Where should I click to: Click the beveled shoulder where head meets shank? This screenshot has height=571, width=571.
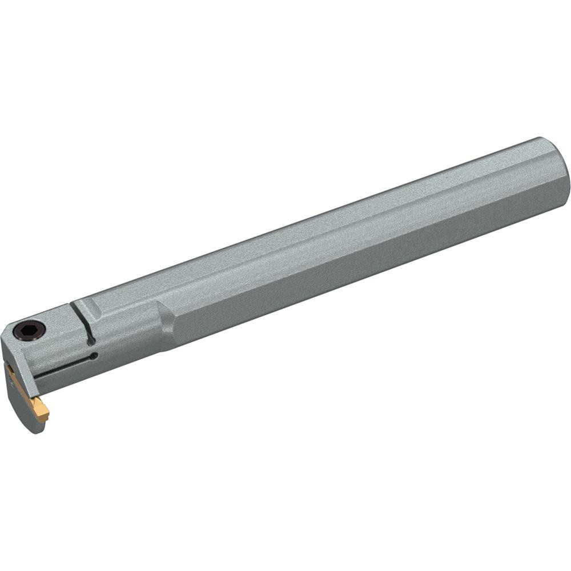[x=166, y=325]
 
